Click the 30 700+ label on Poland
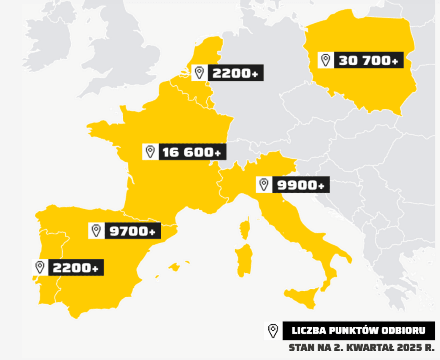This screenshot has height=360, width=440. pyautogui.click(x=368, y=60)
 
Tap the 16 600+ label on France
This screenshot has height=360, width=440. pyautogui.click(x=192, y=152)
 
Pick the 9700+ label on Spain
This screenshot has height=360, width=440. pyautogui.click(x=132, y=231)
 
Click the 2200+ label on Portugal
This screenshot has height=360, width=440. pyautogui.click(x=76, y=268)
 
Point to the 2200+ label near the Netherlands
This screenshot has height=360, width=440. pyautogui.click(x=235, y=73)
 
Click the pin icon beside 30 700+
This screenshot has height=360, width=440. pyautogui.click(x=326, y=60)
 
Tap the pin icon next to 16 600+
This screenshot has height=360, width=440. pyautogui.click(x=150, y=152)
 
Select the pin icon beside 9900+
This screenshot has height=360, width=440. pyautogui.click(x=264, y=185)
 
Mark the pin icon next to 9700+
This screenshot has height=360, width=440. pyautogui.click(x=96, y=231)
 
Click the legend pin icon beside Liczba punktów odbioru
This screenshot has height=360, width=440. pyautogui.click(x=273, y=331)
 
